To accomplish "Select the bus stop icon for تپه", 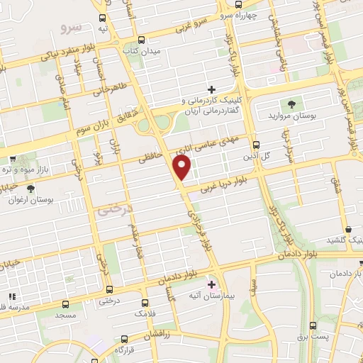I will [x=103, y=18].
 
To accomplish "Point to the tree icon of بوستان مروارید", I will [x=292, y=104].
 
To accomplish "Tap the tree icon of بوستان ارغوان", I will [x=30, y=189].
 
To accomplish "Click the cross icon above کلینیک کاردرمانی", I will [x=211, y=89].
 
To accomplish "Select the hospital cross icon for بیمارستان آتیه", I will [x=211, y=284].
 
